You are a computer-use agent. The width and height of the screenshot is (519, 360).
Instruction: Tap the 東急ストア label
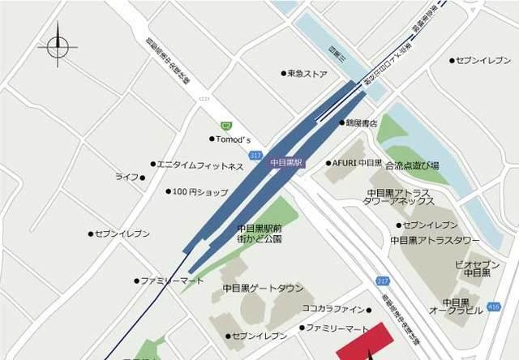[307, 73]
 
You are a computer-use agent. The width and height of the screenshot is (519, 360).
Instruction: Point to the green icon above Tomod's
[225, 125]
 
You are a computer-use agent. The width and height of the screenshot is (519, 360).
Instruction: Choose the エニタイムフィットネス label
[199, 166]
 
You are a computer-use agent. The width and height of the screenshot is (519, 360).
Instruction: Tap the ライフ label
[127, 177]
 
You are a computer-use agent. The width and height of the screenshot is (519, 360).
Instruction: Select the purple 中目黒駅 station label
[286, 162]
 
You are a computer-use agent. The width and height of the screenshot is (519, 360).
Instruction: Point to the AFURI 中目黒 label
[357, 163]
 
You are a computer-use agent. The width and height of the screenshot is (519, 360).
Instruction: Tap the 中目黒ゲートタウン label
[263, 288]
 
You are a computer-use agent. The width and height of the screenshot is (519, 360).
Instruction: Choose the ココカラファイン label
[335, 309]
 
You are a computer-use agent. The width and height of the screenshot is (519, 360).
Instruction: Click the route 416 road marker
[494, 308]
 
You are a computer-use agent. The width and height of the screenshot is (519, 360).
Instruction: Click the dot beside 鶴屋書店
[341, 123]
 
